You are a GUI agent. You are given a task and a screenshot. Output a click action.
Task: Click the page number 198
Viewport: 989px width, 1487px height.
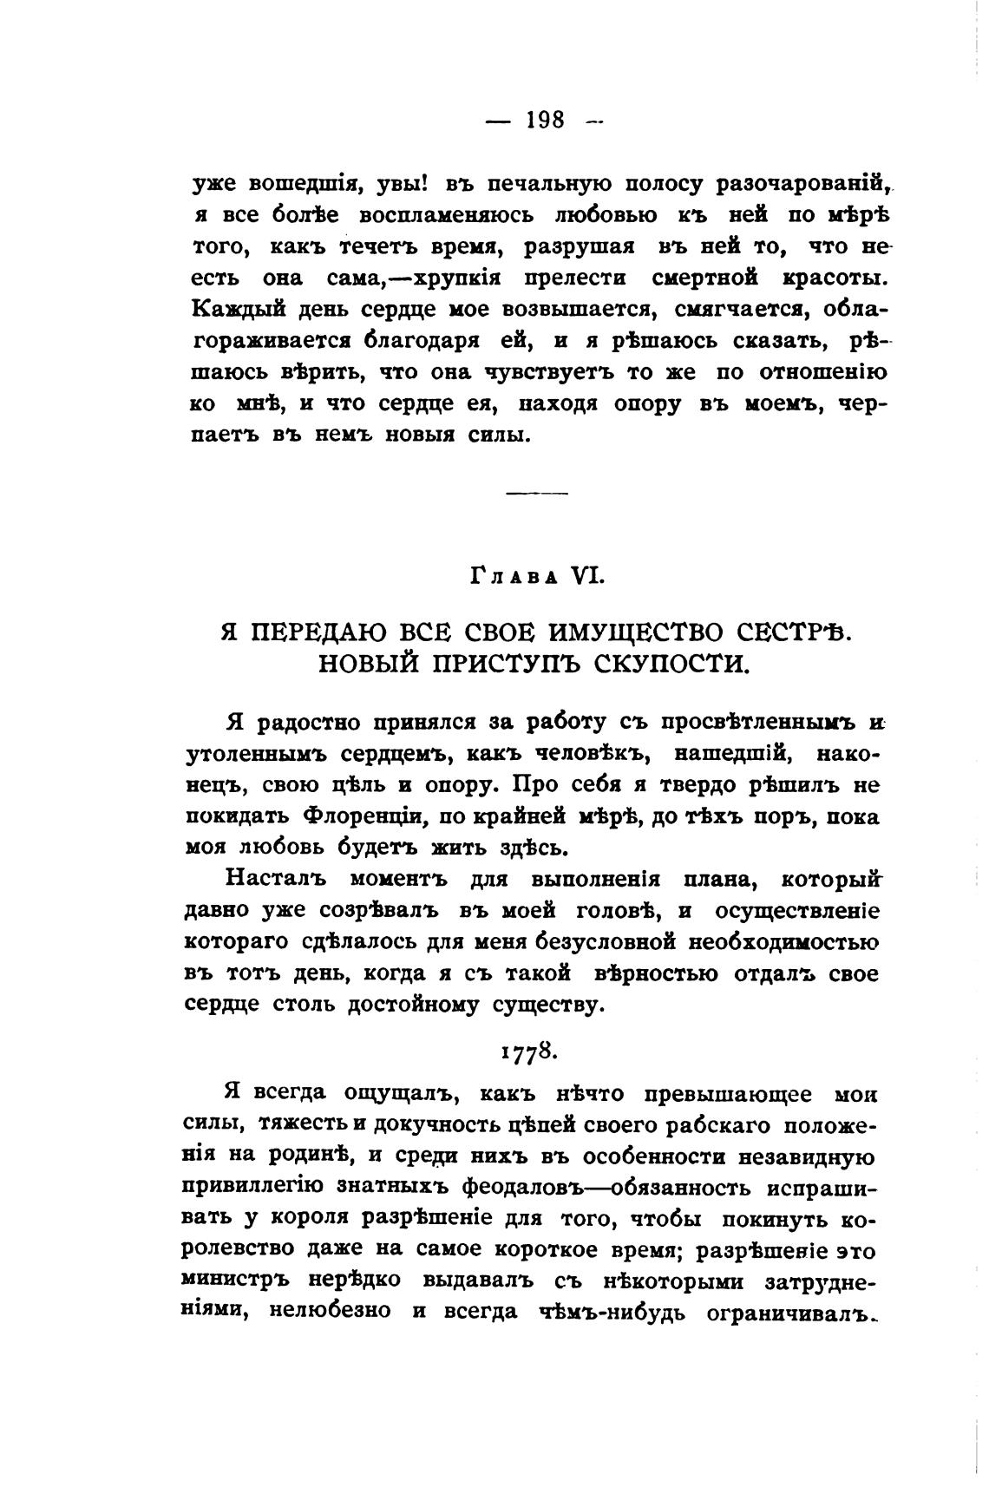pos(546,120)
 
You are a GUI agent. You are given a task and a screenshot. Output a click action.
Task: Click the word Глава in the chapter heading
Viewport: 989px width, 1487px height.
pos(508,575)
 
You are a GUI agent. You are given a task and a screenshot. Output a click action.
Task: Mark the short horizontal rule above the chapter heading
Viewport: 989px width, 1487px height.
pos(536,494)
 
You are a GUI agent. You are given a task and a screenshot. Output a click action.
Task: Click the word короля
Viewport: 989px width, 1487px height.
pos(311,1217)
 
